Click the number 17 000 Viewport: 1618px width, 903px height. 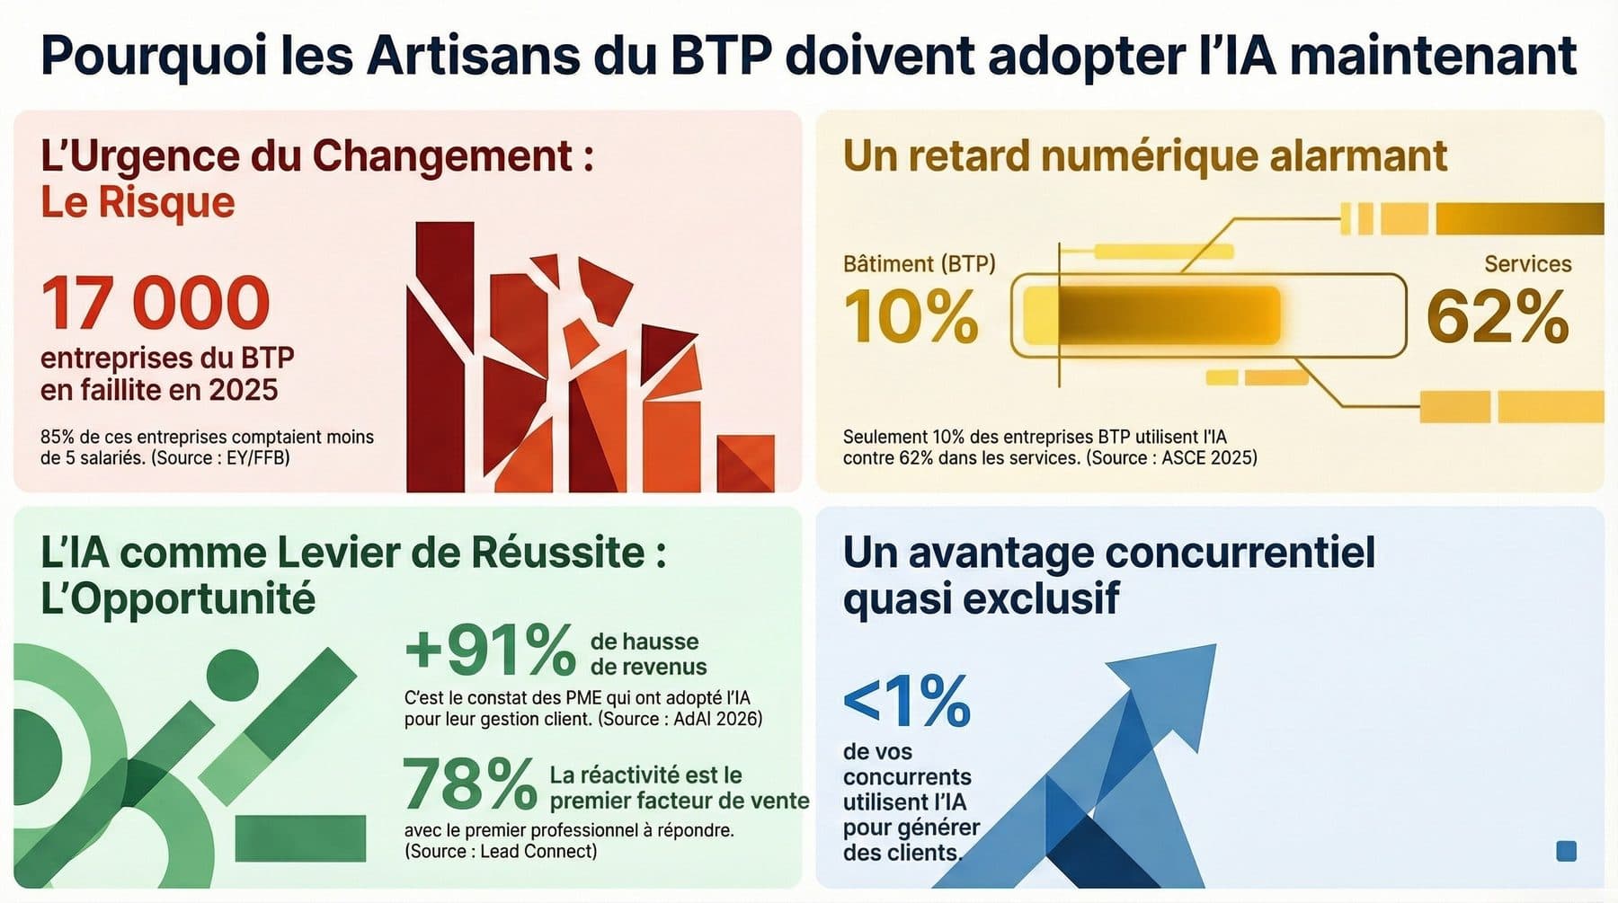tap(155, 304)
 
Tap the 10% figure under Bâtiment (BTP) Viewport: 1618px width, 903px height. tap(911, 316)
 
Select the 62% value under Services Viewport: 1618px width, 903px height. tap(1497, 316)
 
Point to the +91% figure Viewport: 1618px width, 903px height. tap(490, 650)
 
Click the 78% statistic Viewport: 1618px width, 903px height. tap(468, 783)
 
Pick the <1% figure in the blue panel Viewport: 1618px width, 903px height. tap(906, 702)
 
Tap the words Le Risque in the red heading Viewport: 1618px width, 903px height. tap(138, 202)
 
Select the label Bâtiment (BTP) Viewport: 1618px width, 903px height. tap(919, 264)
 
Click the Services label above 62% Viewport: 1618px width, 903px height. tap(1527, 264)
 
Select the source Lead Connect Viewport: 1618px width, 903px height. tap(537, 851)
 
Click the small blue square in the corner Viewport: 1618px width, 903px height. tap(1565, 851)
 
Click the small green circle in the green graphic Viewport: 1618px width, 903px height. tap(232, 674)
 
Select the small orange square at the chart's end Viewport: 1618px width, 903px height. tap(745, 463)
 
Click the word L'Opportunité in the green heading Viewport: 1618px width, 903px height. tap(178, 598)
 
